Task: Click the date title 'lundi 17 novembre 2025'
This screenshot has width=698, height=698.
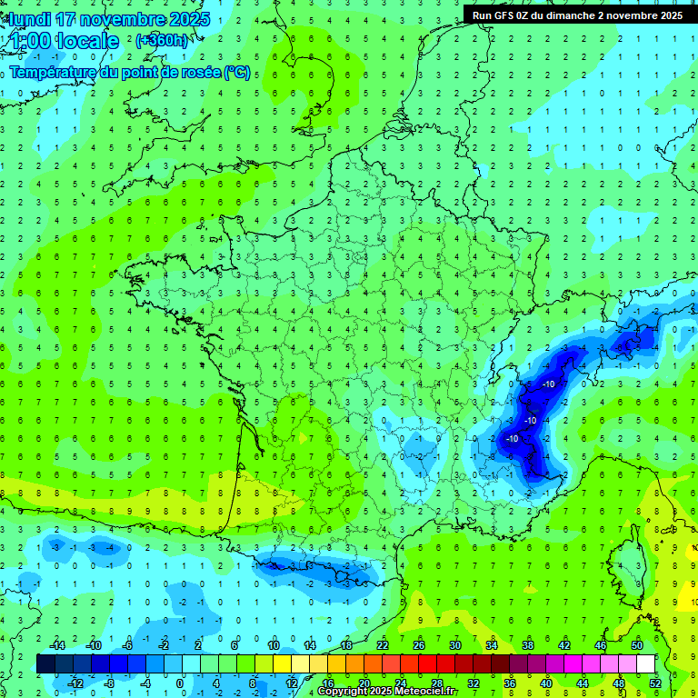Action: click(x=109, y=19)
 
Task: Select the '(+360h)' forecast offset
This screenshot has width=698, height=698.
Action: click(x=162, y=40)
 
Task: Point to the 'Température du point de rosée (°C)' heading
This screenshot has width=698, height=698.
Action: click(x=131, y=73)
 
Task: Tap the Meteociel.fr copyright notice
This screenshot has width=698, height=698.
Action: click(x=387, y=692)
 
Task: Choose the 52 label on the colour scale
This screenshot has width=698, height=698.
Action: click(x=654, y=683)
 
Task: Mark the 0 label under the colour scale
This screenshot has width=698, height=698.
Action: click(x=179, y=683)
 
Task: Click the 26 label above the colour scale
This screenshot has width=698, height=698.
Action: click(x=419, y=645)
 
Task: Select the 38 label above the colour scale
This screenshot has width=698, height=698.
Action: click(x=528, y=645)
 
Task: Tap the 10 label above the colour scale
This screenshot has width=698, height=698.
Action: click(x=274, y=645)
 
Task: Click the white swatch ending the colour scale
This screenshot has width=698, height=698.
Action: click(x=645, y=664)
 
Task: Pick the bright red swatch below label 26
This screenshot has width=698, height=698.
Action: click(x=427, y=664)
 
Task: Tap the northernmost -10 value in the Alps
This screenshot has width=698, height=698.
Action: click(x=548, y=384)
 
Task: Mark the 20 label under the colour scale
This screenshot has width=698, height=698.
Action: click(x=364, y=683)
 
